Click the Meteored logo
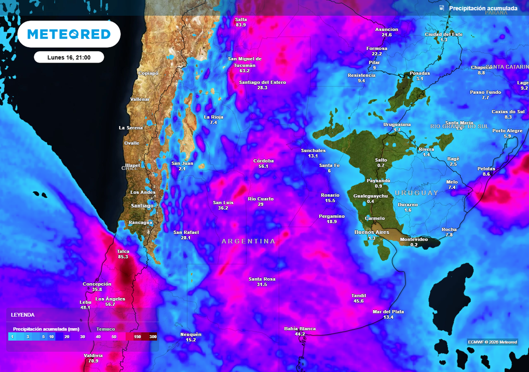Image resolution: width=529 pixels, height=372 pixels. [69, 35]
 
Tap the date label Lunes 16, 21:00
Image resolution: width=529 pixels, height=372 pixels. [69, 57]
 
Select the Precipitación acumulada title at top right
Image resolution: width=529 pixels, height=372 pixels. [483, 8]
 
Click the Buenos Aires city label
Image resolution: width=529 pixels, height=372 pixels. [371, 233]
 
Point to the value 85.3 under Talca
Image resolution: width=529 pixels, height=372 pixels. [123, 257]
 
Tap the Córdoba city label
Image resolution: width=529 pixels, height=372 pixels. [263, 161]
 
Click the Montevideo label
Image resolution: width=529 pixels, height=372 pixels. [414, 239]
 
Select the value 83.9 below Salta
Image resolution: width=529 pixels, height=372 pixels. [241, 25]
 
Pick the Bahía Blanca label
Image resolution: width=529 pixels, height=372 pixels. [300, 329]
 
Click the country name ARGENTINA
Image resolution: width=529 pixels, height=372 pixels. [248, 241]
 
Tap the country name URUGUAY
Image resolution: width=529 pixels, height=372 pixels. [416, 193]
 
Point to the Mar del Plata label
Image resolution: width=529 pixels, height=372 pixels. [388, 312]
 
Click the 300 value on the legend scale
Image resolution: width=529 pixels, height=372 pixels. [153, 337]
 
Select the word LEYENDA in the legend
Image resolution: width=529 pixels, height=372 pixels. [23, 315]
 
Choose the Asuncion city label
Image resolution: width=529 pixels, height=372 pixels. [386, 29]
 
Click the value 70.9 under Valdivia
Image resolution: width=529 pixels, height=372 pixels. [93, 361]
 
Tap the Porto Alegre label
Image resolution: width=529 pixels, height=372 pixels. [507, 131]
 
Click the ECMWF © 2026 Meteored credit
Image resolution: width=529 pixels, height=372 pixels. [492, 342]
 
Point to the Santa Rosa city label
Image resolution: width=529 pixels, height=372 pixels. [262, 279]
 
